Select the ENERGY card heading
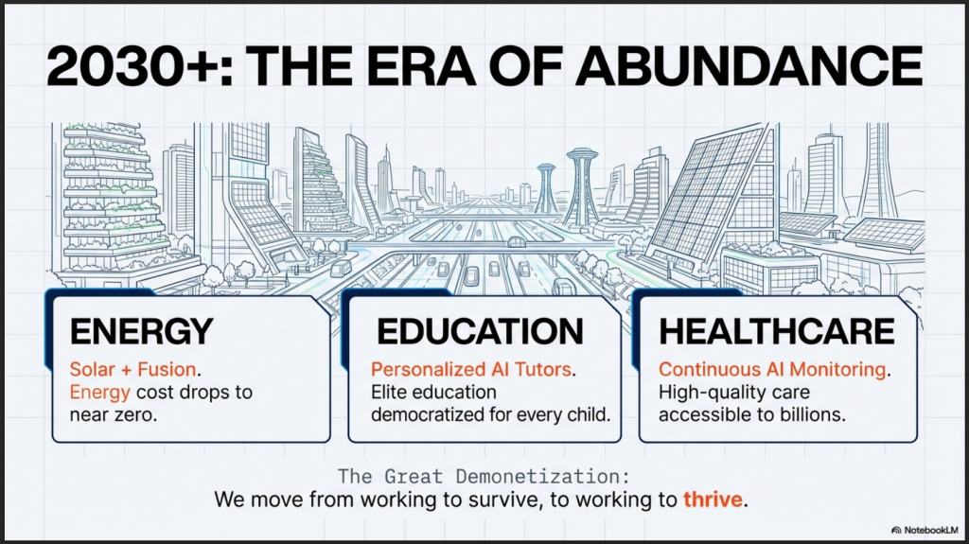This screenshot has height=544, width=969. click(x=142, y=331)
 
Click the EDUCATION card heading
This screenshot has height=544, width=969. click(x=480, y=331)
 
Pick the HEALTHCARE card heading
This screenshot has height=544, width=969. click(x=777, y=331)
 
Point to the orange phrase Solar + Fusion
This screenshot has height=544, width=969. click(x=132, y=369)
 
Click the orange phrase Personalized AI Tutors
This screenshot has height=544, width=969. click(x=471, y=369)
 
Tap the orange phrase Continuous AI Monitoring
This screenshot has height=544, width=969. click(x=772, y=369)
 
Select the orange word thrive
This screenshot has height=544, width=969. click(x=713, y=499)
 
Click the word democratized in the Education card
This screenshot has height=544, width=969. click(x=428, y=414)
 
